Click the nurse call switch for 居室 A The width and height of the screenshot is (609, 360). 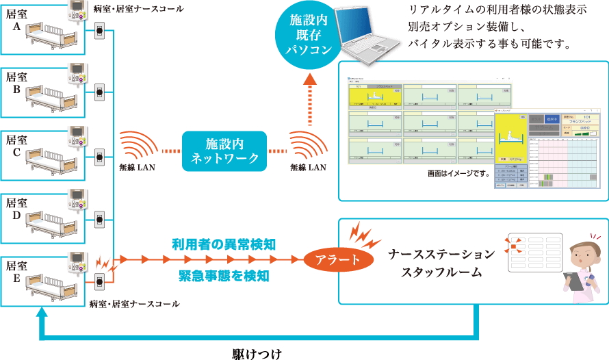(x=99, y=31)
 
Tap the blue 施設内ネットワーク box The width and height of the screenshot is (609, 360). (x=223, y=151)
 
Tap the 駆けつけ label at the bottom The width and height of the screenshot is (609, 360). (x=256, y=354)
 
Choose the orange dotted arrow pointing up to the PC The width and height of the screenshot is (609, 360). (x=309, y=99)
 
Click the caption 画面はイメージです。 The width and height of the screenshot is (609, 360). (x=456, y=174)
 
